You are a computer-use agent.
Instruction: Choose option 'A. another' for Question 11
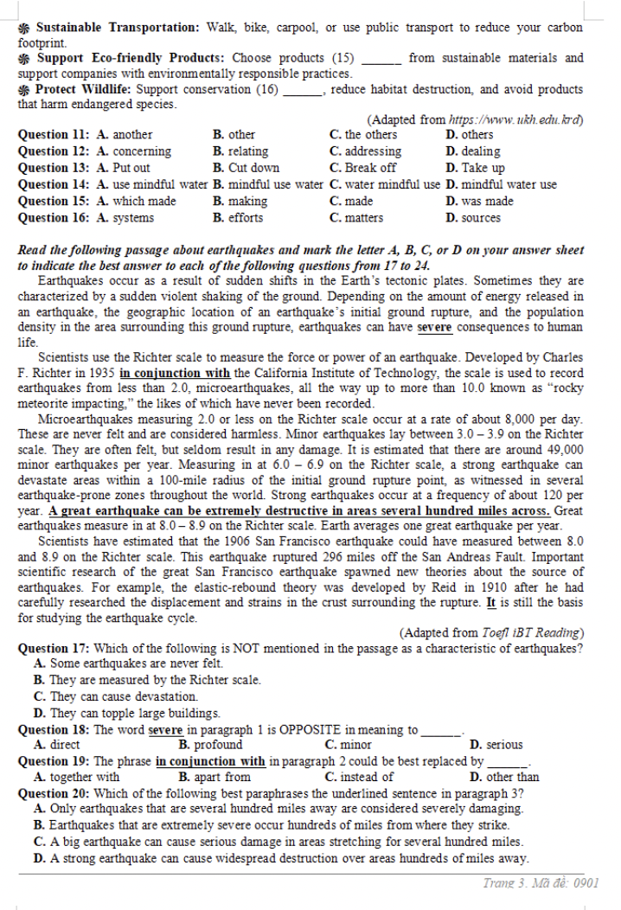pyautogui.click(x=125, y=135)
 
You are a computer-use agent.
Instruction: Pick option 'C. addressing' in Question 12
pyautogui.click(x=365, y=151)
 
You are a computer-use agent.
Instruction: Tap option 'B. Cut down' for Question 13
pyautogui.click(x=246, y=168)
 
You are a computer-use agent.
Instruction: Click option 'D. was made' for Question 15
pyautogui.click(x=480, y=201)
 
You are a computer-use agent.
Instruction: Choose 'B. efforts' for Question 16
pyautogui.click(x=239, y=217)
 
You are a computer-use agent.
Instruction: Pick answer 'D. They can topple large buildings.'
pyautogui.click(x=126, y=714)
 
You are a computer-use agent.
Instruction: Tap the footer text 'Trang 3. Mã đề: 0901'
pyautogui.click(x=541, y=883)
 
